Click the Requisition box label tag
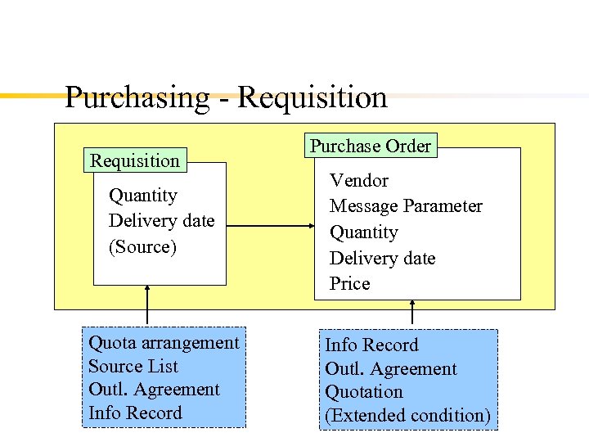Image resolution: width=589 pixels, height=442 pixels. tap(135, 160)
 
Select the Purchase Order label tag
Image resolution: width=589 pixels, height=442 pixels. tap(370, 147)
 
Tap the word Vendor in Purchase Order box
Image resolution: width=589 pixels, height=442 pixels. tap(358, 180)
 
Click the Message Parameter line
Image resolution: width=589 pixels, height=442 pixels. tap(406, 206)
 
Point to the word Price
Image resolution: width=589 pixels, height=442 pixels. tap(349, 284)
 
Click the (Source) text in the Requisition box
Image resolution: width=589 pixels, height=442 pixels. tap(142, 246)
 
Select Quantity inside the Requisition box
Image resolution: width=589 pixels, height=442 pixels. tap(142, 195)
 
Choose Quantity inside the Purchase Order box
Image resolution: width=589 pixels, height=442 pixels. tap(363, 232)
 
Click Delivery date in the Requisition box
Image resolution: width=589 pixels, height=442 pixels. tap(161, 221)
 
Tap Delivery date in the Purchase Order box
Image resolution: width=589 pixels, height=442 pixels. tap(382, 259)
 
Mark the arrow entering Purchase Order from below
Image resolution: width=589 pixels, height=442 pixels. tap(412, 313)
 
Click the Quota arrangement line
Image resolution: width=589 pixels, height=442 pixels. tap(164, 343)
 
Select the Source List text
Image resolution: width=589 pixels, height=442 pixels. tap(133, 367)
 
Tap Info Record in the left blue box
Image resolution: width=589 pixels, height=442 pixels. tap(135, 413)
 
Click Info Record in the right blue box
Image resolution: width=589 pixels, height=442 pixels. tap(371, 345)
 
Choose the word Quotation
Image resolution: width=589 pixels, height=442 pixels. tap(364, 392)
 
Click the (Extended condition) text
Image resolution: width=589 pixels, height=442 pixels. tap(407, 416)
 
